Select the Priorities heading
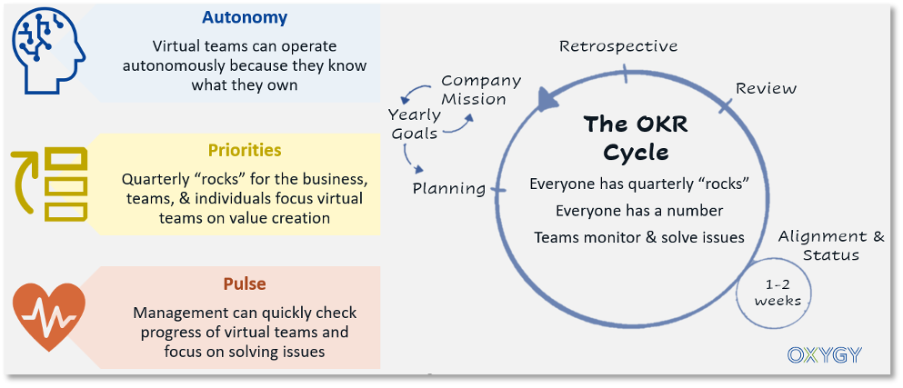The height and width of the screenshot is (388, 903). point(244,150)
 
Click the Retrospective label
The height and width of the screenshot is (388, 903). point(618,46)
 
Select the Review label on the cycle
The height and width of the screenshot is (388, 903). point(766,88)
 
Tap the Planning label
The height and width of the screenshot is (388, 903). point(449,189)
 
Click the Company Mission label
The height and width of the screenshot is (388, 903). point(480,90)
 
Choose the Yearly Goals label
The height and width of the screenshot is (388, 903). point(414,124)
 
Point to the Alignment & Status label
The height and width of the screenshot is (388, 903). point(831,245)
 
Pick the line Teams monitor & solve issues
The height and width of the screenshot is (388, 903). point(639,237)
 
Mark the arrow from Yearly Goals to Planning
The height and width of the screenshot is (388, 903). point(416,161)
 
